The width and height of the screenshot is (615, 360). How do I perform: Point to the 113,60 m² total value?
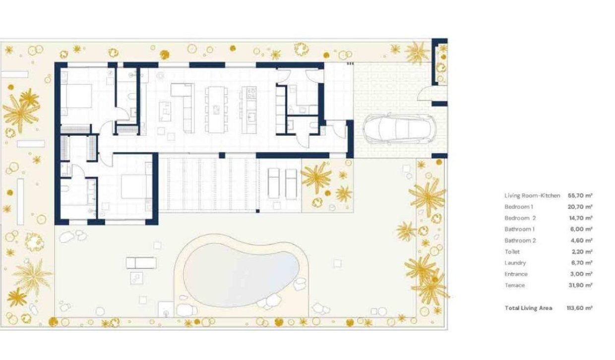[579, 308]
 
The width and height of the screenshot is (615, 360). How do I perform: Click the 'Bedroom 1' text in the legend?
[518, 207]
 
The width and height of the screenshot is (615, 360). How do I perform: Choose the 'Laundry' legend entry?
[515, 263]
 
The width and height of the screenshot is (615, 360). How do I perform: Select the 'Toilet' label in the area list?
[512, 252]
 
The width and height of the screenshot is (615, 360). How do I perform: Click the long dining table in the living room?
[215, 109]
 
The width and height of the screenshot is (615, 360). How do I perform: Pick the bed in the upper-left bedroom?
[77, 96]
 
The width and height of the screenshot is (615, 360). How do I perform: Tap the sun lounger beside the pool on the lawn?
[141, 263]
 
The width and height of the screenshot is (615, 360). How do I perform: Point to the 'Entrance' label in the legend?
[516, 274]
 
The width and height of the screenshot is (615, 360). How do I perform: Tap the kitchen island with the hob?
[248, 109]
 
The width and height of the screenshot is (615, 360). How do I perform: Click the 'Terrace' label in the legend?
[514, 285]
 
